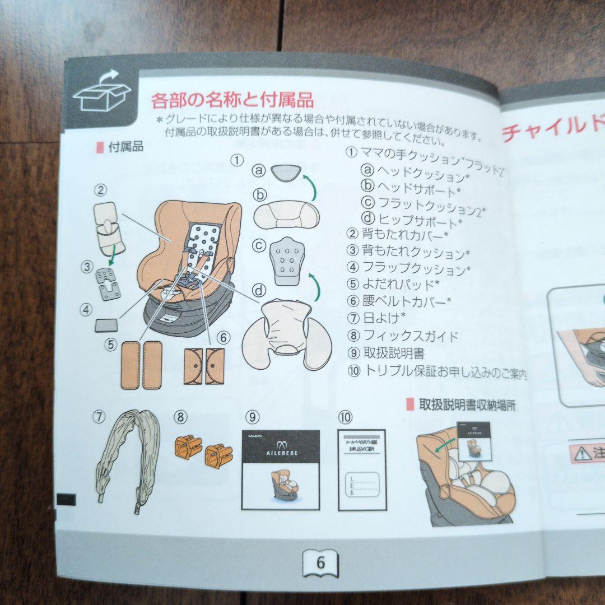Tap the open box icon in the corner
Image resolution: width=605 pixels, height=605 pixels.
[101, 91]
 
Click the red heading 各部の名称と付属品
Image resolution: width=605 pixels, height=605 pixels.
[232, 101]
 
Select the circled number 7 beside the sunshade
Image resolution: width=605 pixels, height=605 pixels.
[99, 417]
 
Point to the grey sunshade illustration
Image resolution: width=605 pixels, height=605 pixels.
[127, 459]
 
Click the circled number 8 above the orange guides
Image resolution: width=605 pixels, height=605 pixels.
[180, 417]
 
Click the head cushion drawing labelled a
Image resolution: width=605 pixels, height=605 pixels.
[286, 172]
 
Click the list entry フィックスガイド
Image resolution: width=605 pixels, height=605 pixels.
[410, 336]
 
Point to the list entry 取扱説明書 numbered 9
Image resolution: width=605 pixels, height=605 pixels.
[393, 353]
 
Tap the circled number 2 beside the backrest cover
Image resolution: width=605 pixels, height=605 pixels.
[100, 190]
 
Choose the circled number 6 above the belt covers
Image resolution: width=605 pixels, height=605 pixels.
[222, 337]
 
